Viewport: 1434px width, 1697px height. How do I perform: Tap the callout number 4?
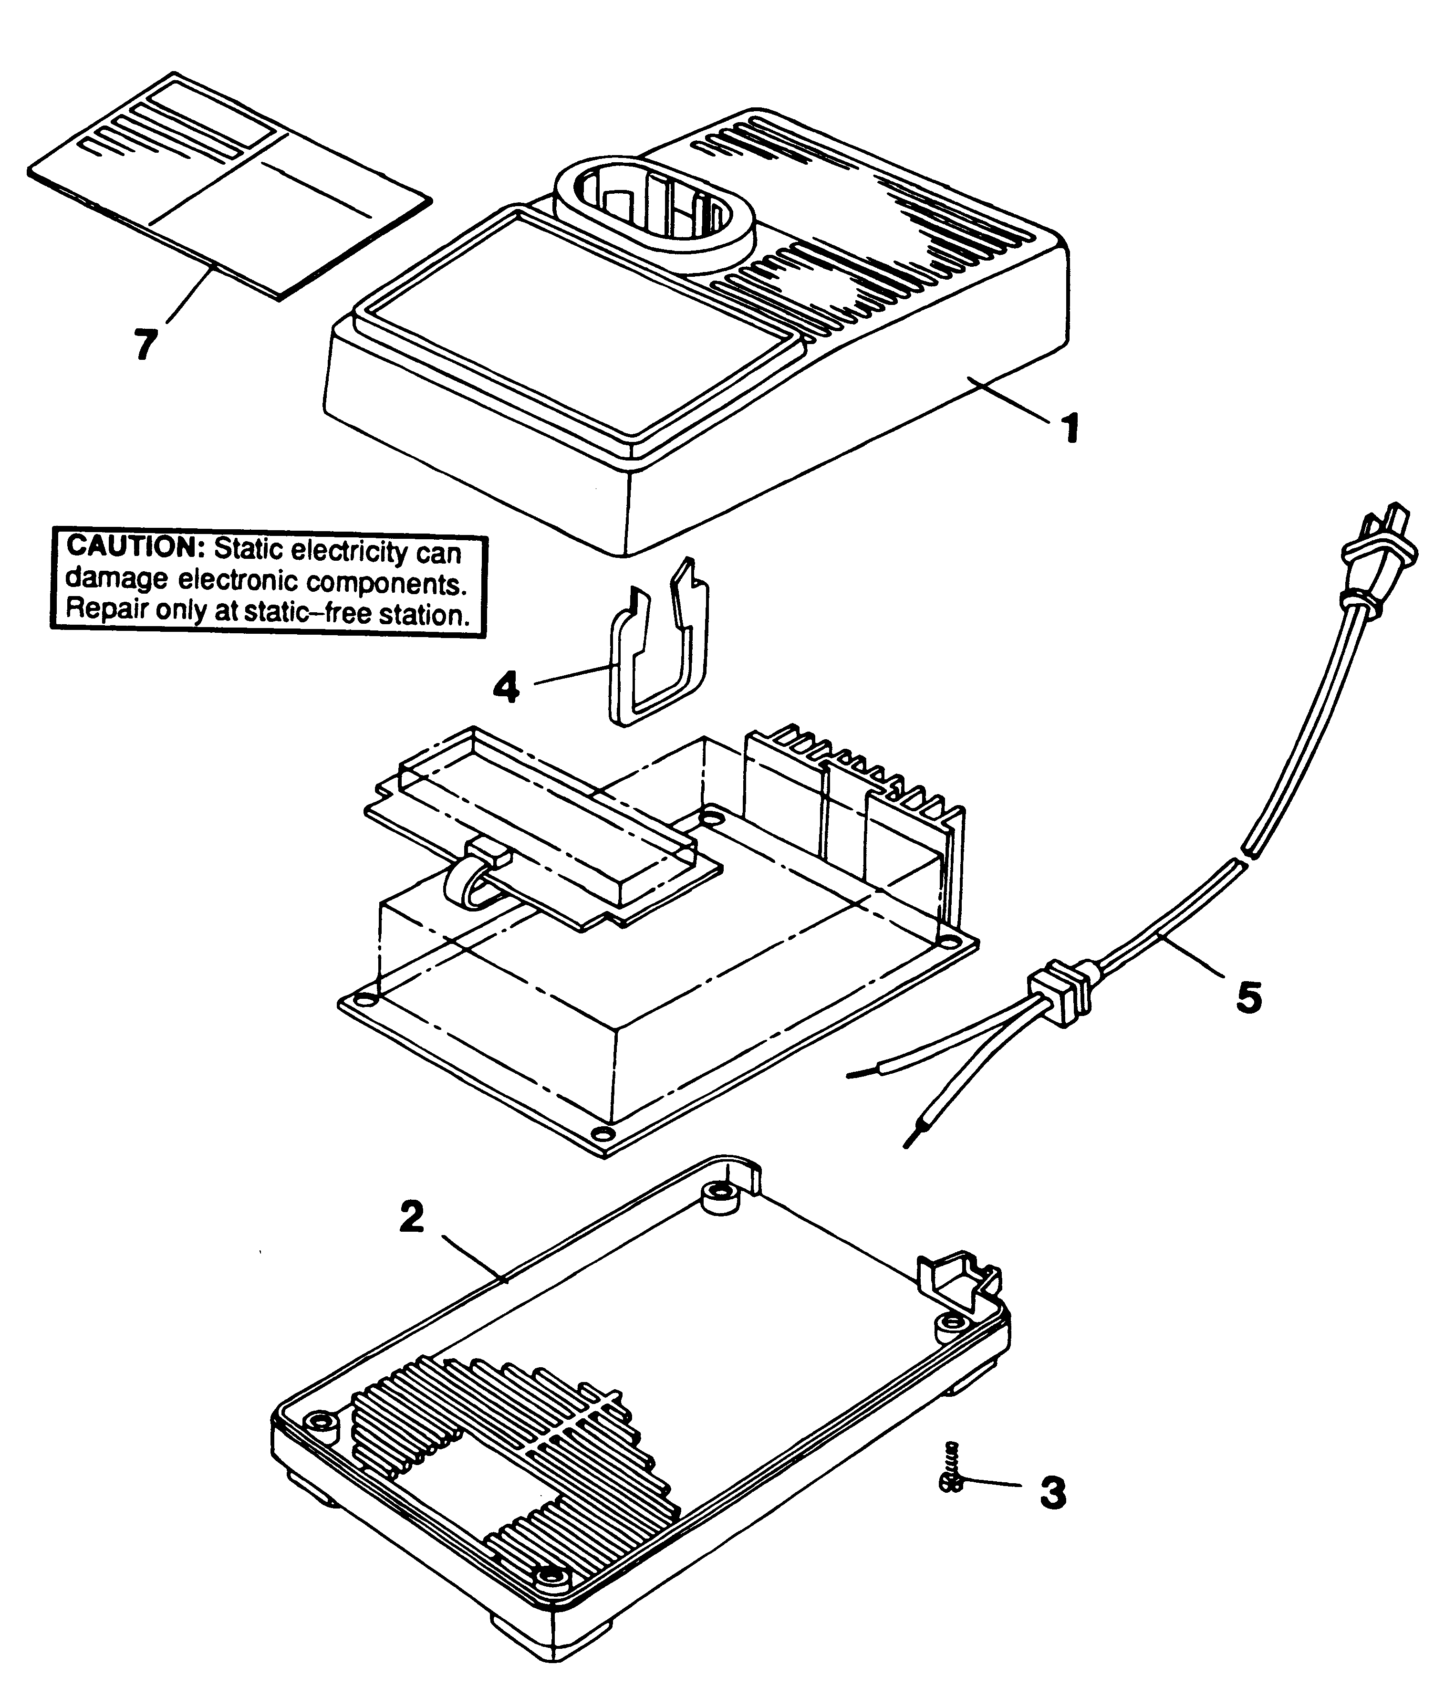pyautogui.click(x=506, y=687)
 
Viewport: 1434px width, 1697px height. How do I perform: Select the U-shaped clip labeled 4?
pyautogui.click(x=658, y=650)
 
